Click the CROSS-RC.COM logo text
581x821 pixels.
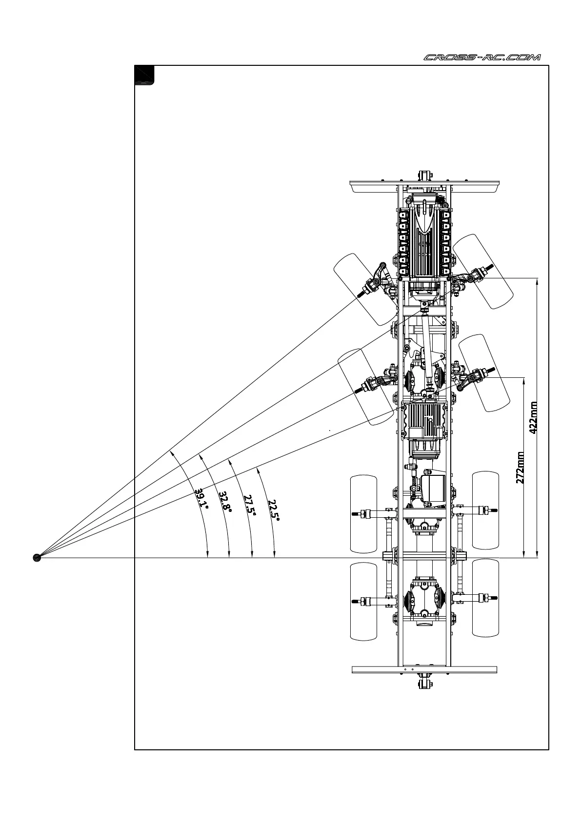click(x=481, y=58)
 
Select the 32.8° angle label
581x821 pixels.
click(x=225, y=502)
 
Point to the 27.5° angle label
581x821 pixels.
click(x=249, y=504)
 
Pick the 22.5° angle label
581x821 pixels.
click(x=273, y=509)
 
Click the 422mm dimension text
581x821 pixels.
click(x=533, y=417)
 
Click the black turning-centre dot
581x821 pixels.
click(x=37, y=557)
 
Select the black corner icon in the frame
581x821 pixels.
click(x=144, y=75)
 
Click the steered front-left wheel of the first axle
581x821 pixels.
click(x=365, y=289)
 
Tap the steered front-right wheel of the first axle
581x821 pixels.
click(x=483, y=271)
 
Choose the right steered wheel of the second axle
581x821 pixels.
click(x=484, y=372)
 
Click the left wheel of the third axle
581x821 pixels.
click(x=363, y=514)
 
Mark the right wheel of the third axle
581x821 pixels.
click(x=485, y=510)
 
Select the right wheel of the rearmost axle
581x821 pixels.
click(x=485, y=598)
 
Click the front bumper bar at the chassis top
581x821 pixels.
click(x=425, y=186)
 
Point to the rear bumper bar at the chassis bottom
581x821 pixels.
click(x=424, y=669)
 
